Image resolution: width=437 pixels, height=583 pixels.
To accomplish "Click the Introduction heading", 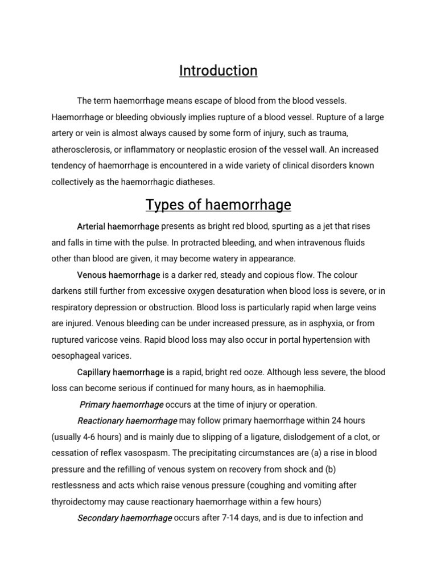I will (x=218, y=71).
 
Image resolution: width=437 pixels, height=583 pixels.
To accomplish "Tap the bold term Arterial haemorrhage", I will (x=118, y=226).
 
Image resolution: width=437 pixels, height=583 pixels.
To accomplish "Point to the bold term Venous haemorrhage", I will (x=119, y=276).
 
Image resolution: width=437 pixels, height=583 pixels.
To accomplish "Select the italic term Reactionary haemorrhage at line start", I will (x=127, y=421).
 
